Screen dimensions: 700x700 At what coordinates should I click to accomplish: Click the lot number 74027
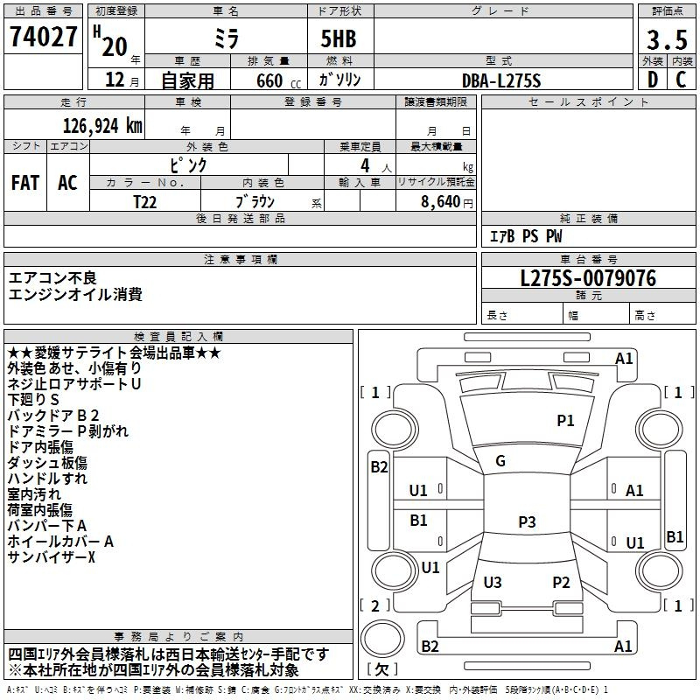click(x=44, y=38)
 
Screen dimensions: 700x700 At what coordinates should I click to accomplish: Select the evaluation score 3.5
click(x=666, y=39)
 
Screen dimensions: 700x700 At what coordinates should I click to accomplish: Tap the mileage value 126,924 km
click(x=102, y=125)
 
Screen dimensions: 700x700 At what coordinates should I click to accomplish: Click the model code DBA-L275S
click(x=501, y=80)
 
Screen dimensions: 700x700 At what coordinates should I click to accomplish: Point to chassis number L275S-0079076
click(x=588, y=279)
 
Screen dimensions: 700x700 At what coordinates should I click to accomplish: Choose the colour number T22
click(x=144, y=201)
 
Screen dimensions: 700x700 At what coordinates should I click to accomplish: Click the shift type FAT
click(x=25, y=182)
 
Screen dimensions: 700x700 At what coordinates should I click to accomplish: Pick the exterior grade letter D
click(x=651, y=80)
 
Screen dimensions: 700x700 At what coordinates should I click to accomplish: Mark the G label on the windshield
click(x=500, y=461)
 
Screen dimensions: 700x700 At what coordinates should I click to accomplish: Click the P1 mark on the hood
click(x=565, y=421)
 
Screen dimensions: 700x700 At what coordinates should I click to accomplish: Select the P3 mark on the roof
click(x=526, y=522)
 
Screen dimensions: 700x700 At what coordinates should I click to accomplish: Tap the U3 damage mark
click(x=493, y=583)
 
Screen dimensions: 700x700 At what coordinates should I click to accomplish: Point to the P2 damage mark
click(x=561, y=583)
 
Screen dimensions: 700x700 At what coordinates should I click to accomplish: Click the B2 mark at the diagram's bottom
click(x=430, y=647)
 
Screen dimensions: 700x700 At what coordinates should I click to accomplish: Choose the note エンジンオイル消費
click(x=75, y=295)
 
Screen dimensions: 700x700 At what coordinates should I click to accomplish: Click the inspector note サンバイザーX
click(x=51, y=557)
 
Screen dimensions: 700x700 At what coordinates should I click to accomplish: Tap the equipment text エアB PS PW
click(x=525, y=236)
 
